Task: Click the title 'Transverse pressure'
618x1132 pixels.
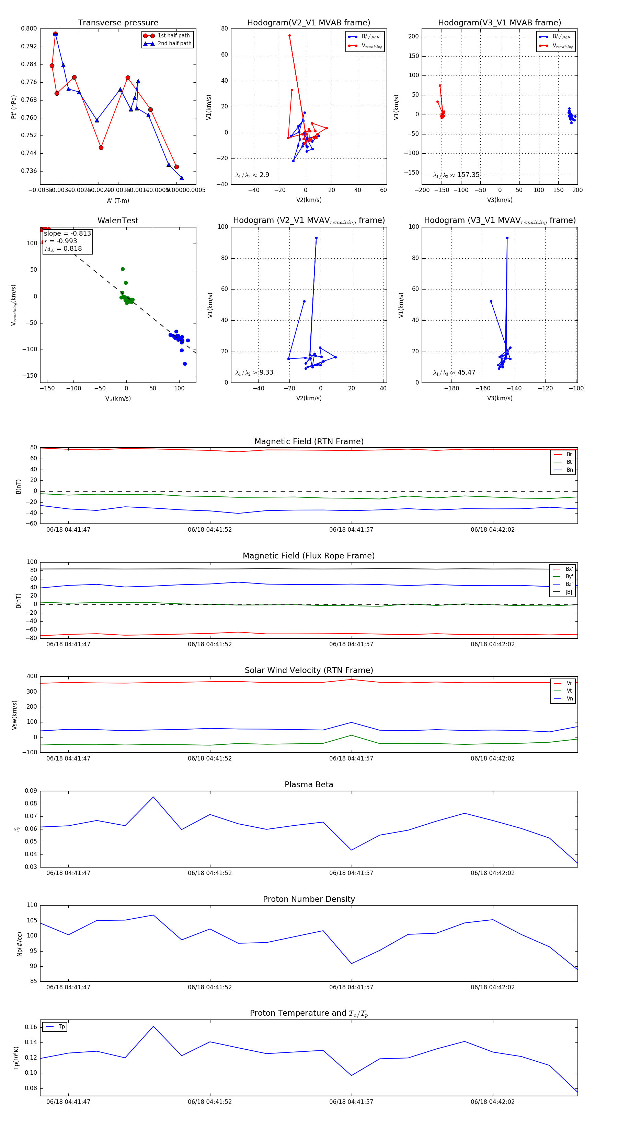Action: [x=118, y=23]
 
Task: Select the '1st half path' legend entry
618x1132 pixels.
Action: [x=173, y=36]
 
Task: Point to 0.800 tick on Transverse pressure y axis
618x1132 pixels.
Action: [x=29, y=28]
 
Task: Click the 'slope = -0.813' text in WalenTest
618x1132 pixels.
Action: [x=67, y=233]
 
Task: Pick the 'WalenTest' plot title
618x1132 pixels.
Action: [x=118, y=221]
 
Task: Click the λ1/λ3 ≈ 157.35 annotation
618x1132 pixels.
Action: [x=456, y=175]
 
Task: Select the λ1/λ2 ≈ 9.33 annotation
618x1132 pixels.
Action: [x=254, y=373]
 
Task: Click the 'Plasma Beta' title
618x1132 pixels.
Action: [x=309, y=785]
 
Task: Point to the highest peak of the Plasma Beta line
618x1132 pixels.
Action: [x=153, y=797]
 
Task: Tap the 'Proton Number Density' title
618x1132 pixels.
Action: [x=309, y=899]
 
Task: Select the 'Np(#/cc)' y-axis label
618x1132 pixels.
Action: [x=19, y=943]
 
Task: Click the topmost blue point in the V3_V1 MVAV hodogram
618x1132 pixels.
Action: [x=507, y=238]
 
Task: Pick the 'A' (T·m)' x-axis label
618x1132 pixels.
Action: [x=118, y=200]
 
